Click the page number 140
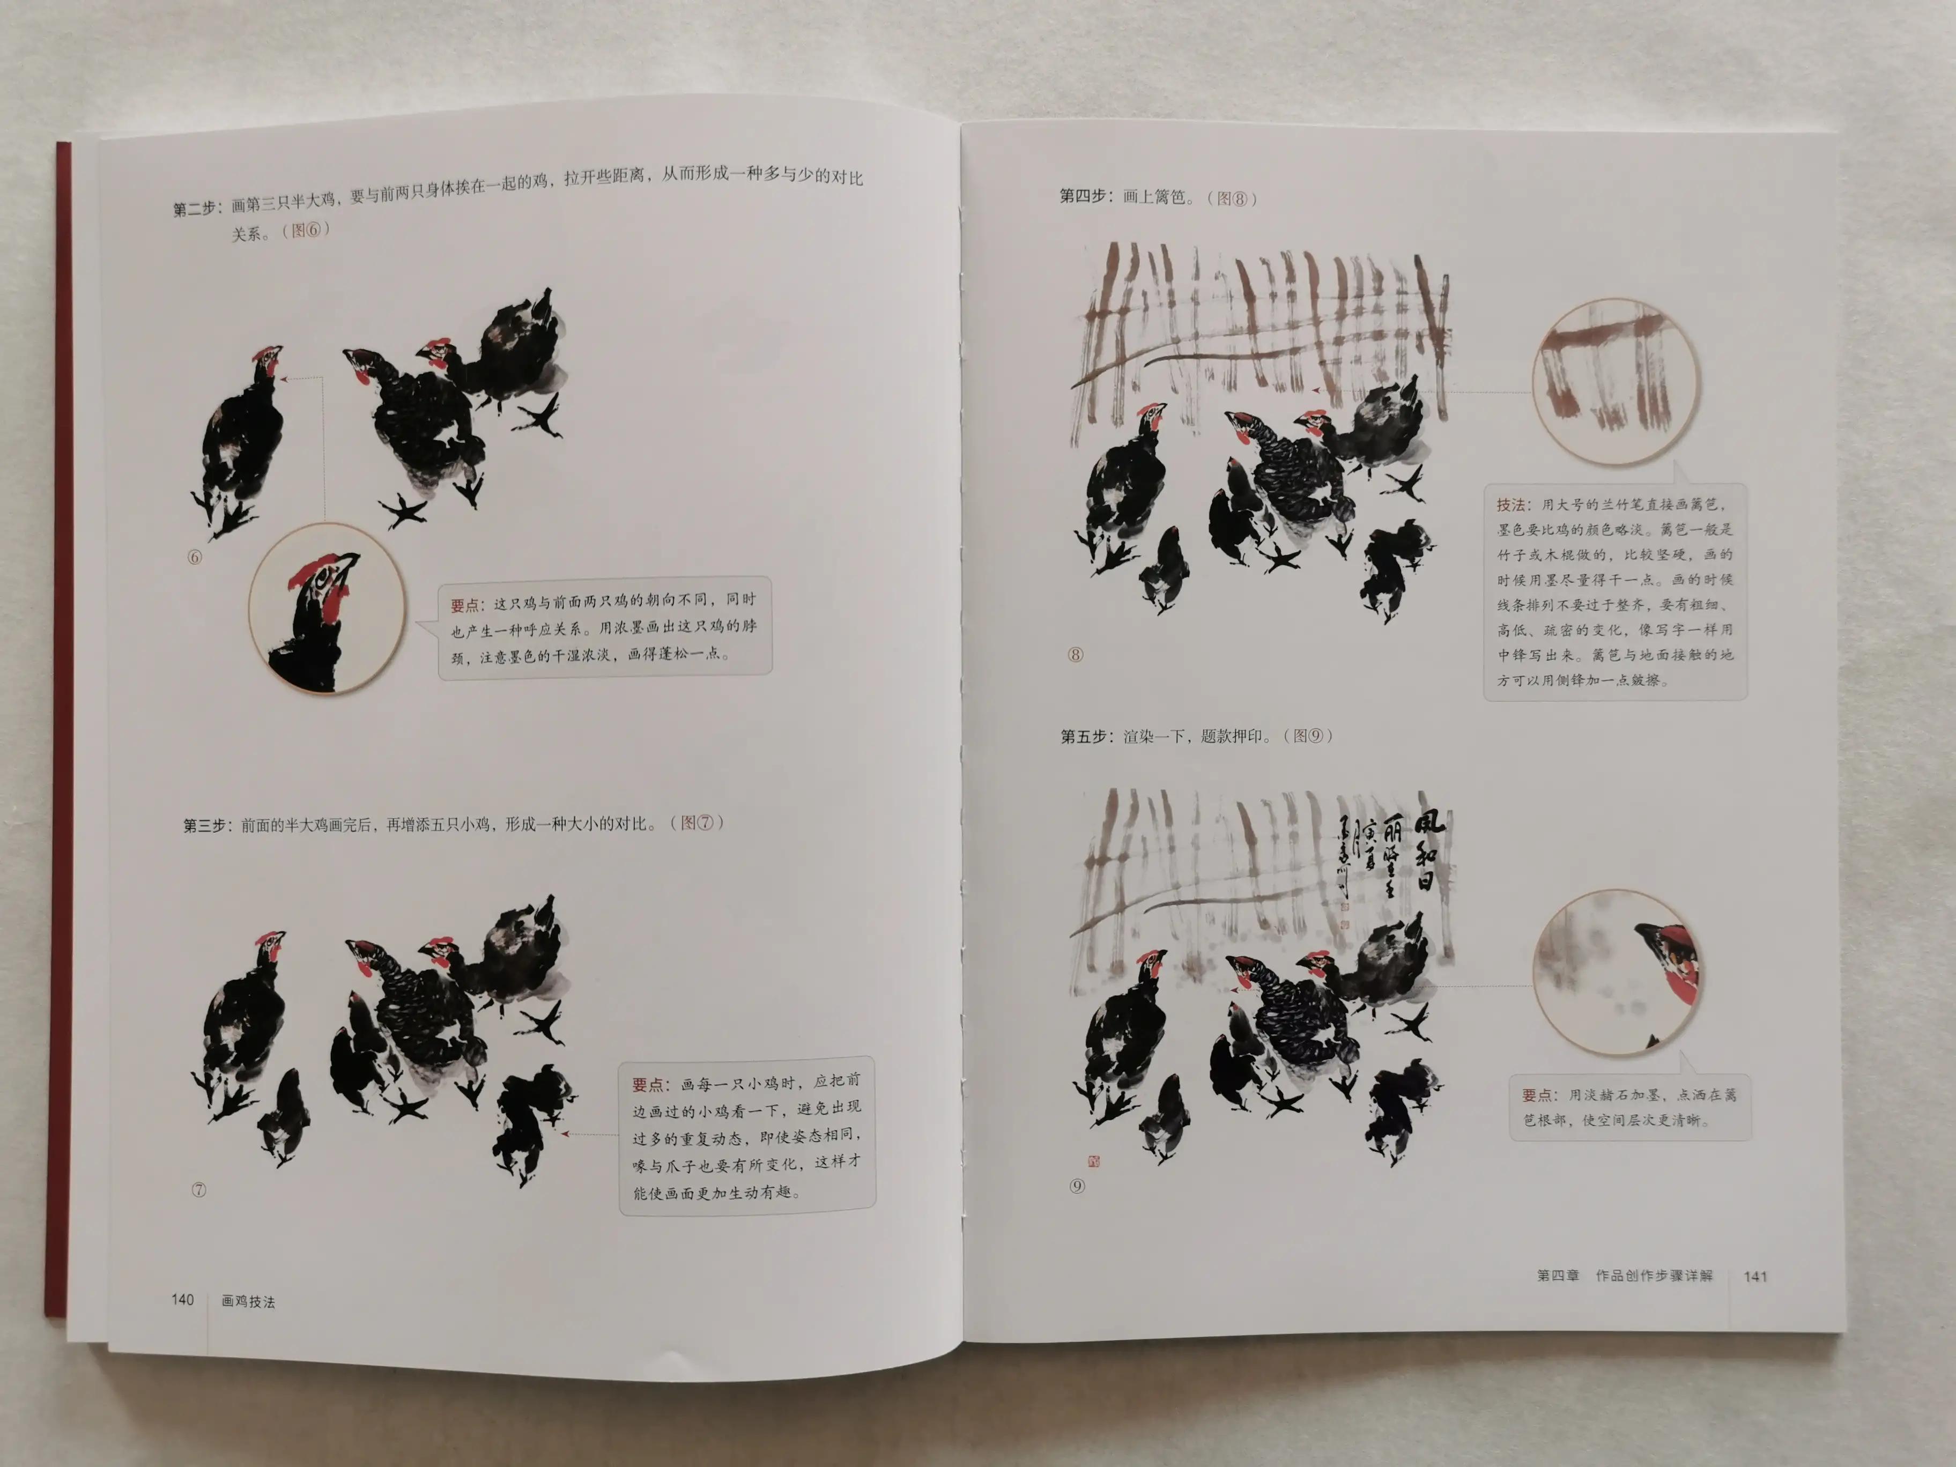182,1299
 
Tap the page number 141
1755,1276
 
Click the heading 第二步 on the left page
195,209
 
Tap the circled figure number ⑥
195,557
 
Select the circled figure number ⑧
1075,654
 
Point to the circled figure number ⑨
1076,1186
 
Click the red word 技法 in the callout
1510,505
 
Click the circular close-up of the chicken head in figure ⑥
327,609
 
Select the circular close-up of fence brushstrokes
1617,382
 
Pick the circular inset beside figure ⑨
1617,972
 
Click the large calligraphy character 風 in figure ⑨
1428,823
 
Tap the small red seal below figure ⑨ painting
1094,1161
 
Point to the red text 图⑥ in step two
306,230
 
